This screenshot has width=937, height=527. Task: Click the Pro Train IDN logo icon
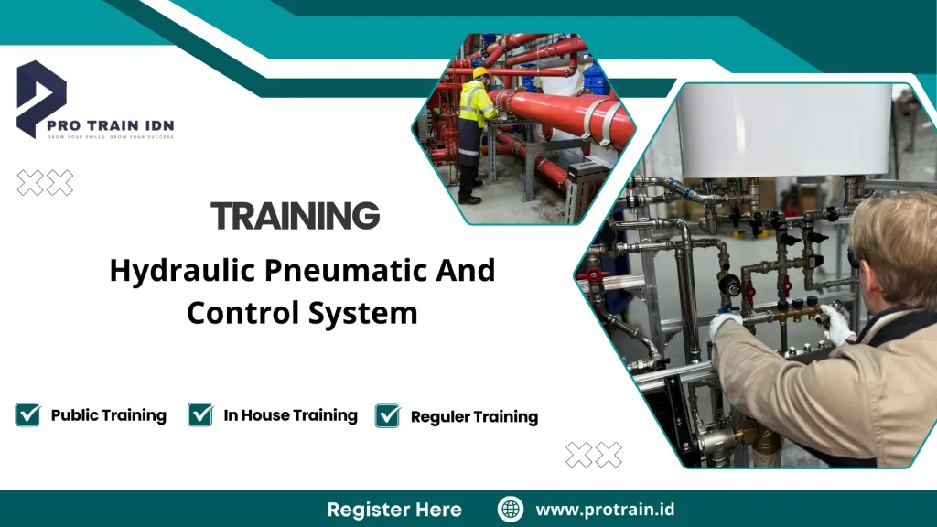(x=41, y=96)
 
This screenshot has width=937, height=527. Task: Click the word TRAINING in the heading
(x=295, y=216)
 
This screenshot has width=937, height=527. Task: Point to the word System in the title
(x=372, y=313)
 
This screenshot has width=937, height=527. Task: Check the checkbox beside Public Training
(x=27, y=414)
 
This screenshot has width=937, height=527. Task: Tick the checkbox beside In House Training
(x=200, y=414)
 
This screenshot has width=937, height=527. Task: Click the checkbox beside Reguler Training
(x=388, y=415)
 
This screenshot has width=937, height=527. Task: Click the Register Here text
(x=394, y=510)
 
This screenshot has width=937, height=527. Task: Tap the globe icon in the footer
(x=511, y=509)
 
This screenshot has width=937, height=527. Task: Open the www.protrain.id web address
(x=605, y=509)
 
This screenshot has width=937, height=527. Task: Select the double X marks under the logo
(x=46, y=183)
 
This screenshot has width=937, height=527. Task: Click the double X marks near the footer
(x=594, y=455)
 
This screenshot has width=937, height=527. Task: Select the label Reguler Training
(x=474, y=417)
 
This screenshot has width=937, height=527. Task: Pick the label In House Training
(x=290, y=415)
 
